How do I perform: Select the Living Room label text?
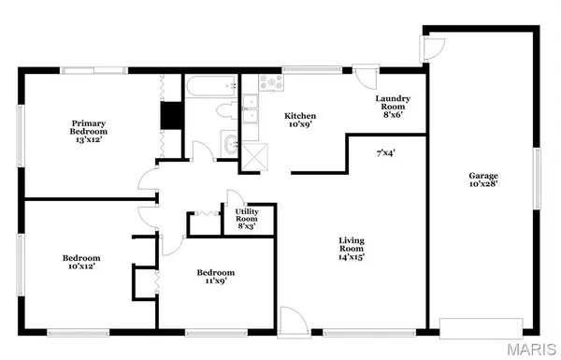pyautogui.click(x=351, y=249)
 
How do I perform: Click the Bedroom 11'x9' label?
pyautogui.click(x=214, y=278)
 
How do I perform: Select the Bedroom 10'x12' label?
pyautogui.click(x=81, y=262)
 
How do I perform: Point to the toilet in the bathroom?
pyautogui.click(x=225, y=112)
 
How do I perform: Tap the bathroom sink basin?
pyautogui.click(x=229, y=144)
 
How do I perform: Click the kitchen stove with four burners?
pyautogui.click(x=271, y=82)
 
